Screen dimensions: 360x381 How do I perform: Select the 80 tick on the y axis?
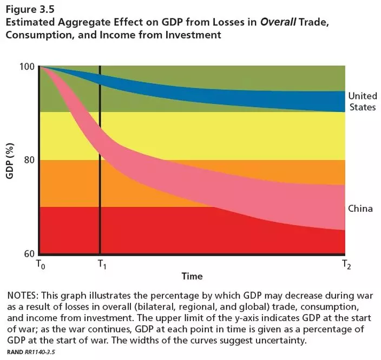(x=30, y=160)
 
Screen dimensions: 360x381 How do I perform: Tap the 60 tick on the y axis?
(x=30, y=254)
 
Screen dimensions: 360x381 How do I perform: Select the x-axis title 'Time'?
(x=192, y=276)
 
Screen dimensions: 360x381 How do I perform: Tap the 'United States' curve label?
(x=362, y=101)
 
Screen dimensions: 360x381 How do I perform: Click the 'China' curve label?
(x=360, y=208)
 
